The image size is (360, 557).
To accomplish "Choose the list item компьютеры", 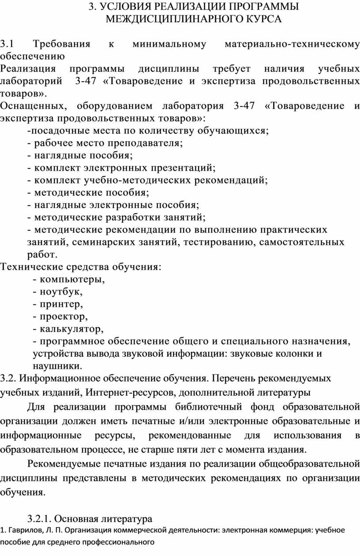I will (72, 279).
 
